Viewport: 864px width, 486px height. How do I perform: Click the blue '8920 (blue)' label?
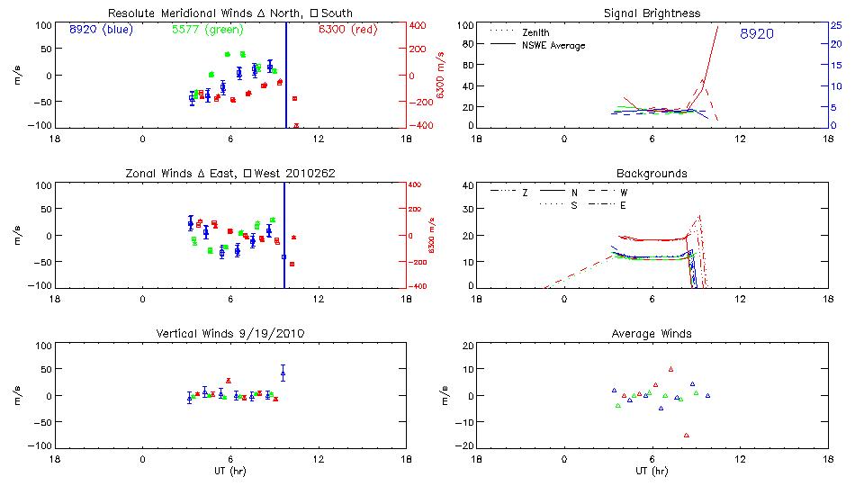[99, 30]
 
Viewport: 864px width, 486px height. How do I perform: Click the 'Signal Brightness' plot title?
[653, 13]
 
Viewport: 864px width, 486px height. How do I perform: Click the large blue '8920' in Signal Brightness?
[757, 34]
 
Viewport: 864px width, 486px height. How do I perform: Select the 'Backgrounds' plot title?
[652, 173]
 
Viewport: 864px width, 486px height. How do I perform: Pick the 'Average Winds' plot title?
[653, 334]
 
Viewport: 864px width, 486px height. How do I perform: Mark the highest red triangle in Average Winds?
[670, 369]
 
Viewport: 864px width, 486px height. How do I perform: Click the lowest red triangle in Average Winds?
[687, 436]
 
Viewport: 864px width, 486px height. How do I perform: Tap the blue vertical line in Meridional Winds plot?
[286, 72]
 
